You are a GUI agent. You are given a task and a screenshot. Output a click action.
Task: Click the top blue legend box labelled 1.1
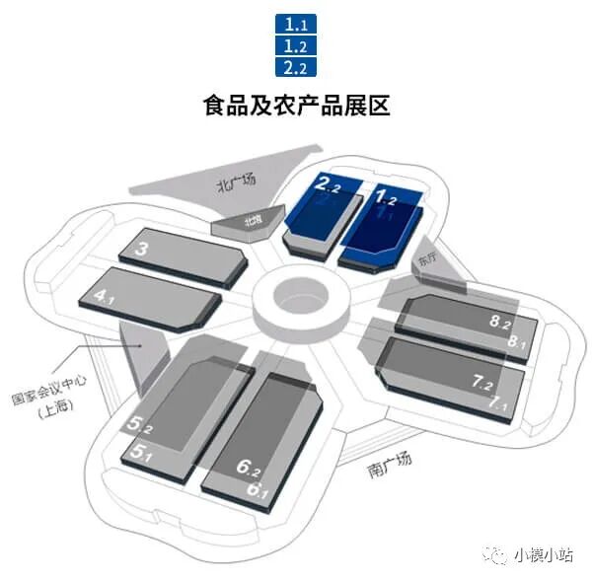296,23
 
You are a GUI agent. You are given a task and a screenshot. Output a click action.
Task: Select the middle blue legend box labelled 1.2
296,45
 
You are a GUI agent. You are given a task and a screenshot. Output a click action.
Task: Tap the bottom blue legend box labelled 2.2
296,67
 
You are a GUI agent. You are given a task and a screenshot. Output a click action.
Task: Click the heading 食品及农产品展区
296,105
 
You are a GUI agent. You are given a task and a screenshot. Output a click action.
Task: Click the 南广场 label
386,465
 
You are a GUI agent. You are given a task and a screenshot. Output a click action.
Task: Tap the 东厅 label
425,259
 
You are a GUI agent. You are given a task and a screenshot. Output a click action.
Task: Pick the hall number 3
142,250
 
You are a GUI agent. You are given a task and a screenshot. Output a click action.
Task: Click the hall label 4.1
104,294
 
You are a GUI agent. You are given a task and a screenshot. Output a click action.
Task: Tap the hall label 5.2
139,427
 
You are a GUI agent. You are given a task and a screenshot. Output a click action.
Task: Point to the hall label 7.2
484,382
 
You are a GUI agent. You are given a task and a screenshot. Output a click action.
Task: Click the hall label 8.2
500,323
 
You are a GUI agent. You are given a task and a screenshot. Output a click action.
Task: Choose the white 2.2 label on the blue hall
329,182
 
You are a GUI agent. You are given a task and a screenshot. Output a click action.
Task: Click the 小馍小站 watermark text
539,554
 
